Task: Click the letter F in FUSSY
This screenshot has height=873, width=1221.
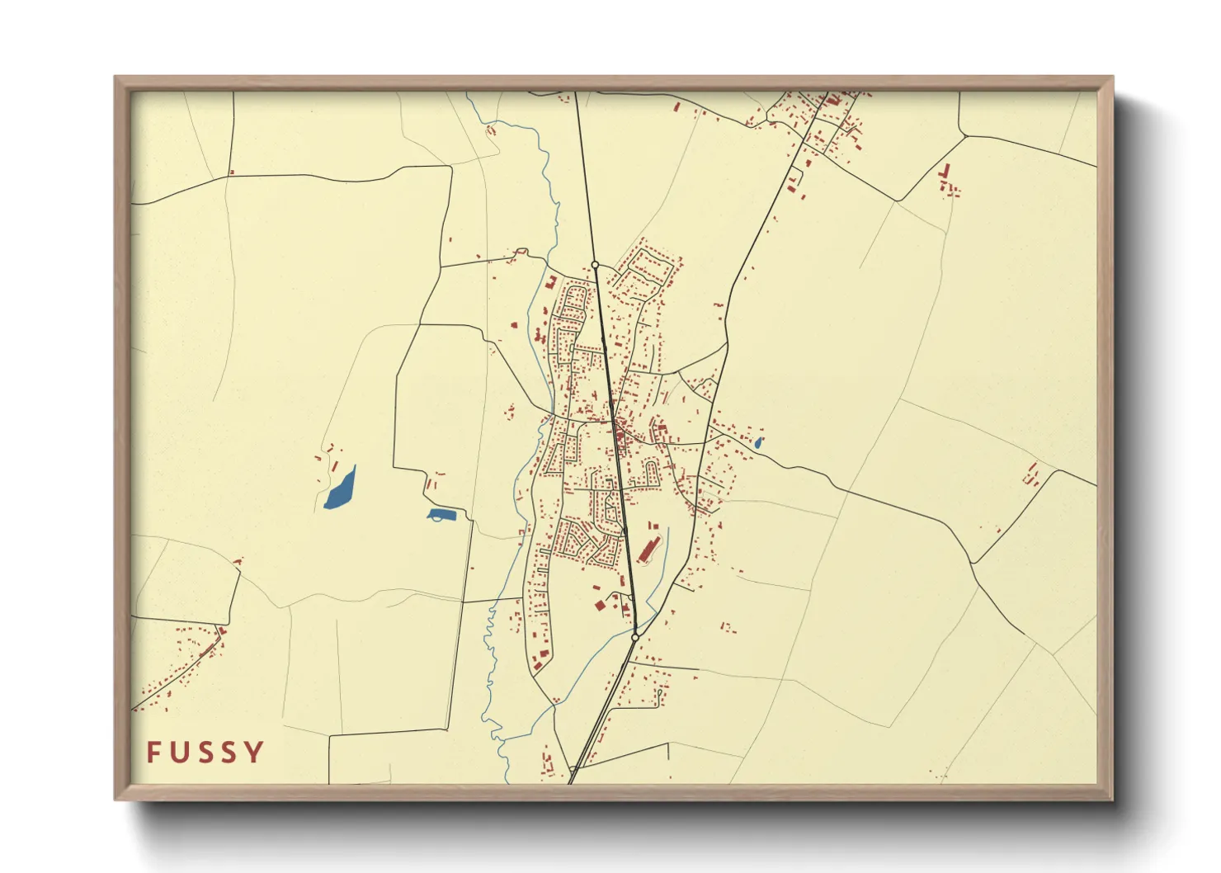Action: (x=154, y=752)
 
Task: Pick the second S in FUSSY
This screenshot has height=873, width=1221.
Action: (x=230, y=752)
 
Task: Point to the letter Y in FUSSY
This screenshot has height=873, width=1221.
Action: (x=255, y=752)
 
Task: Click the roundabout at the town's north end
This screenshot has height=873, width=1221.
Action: (x=595, y=265)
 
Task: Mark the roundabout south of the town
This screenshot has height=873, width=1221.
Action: (x=634, y=637)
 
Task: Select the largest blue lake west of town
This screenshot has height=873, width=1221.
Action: (x=340, y=489)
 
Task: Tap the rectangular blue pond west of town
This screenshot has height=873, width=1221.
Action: (x=441, y=515)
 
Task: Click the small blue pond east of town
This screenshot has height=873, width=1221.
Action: (x=758, y=442)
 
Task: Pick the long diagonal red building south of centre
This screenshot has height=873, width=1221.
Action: (x=648, y=548)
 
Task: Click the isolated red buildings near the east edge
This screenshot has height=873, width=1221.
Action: (x=1031, y=474)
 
